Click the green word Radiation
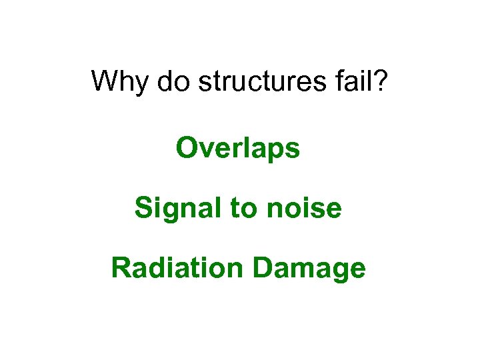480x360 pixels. pyautogui.click(x=177, y=268)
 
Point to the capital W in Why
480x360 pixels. pyautogui.click(x=105, y=81)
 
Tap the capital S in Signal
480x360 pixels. pyautogui.click(x=144, y=209)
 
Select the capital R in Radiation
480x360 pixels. pyautogui.click(x=121, y=268)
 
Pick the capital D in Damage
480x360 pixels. pyautogui.click(x=263, y=268)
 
